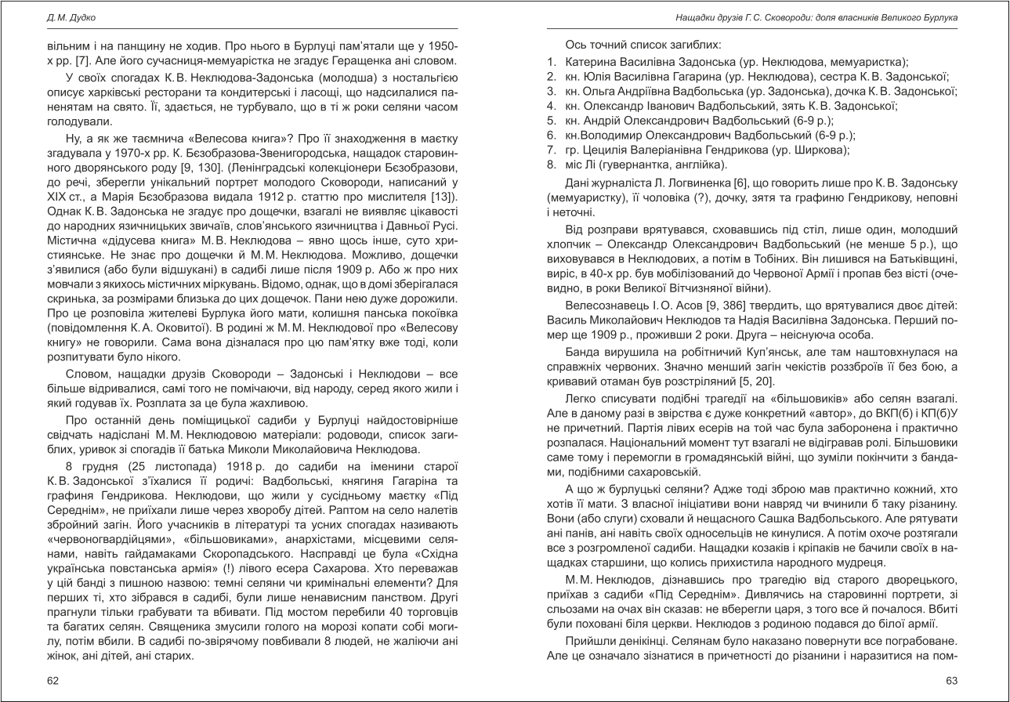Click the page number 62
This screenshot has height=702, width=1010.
pos(53,681)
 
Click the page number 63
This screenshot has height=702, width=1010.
pos(952,681)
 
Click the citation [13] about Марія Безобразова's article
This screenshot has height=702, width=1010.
pos(447,195)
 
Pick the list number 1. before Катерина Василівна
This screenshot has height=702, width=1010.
pos(552,61)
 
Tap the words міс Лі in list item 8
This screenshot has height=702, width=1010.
pos(582,165)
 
